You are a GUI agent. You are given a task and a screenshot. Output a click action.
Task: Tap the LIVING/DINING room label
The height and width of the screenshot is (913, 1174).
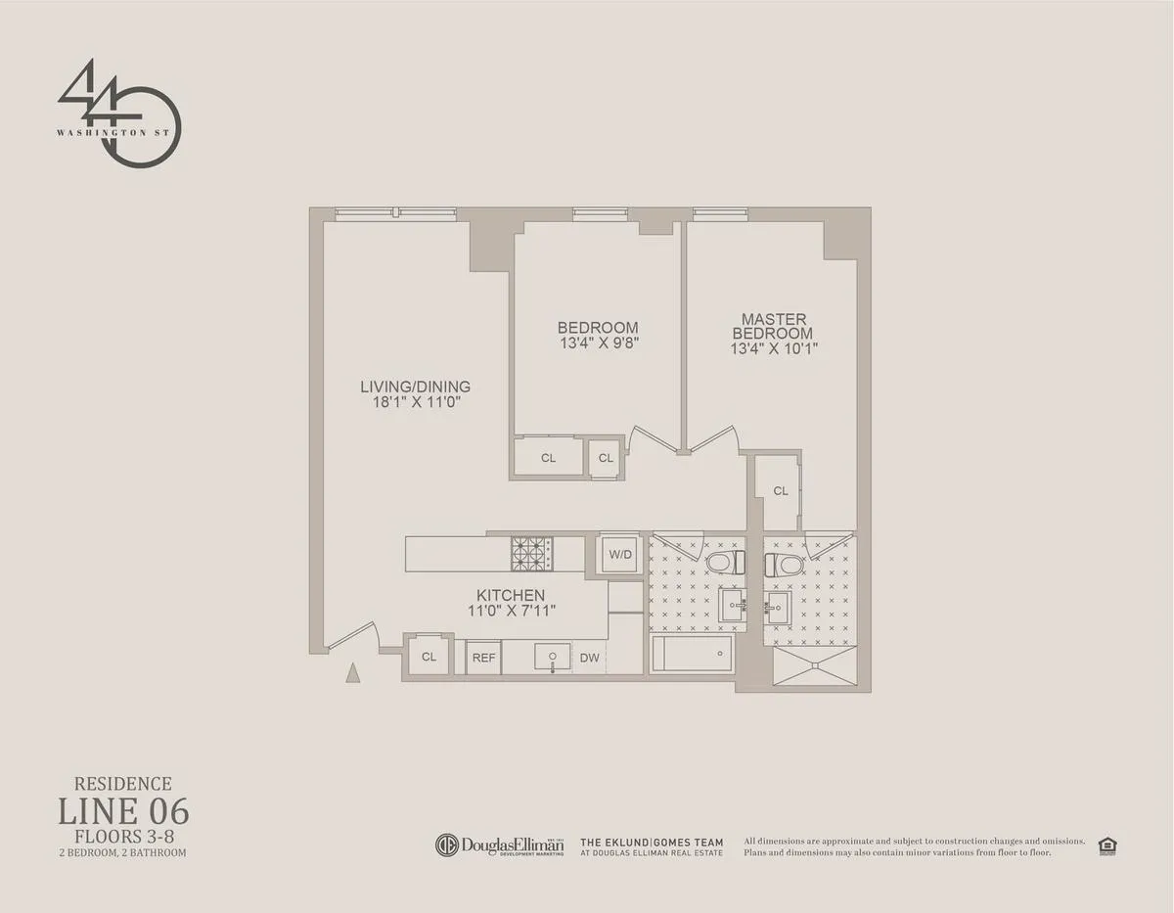415,386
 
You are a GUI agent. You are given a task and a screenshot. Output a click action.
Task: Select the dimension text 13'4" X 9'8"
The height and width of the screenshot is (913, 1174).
598,343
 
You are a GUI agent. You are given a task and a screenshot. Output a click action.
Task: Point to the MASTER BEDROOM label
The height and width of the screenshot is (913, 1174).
773,326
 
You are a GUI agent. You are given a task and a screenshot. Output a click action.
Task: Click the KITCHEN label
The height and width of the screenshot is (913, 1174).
510,595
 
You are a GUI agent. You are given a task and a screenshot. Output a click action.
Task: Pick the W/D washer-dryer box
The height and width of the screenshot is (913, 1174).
619,554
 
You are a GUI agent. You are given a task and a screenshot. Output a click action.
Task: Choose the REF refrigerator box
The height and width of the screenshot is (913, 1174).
483,658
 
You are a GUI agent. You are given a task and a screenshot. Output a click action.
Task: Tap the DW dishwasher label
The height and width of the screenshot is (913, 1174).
589,658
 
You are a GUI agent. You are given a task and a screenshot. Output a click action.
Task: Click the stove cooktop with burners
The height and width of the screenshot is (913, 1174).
531,554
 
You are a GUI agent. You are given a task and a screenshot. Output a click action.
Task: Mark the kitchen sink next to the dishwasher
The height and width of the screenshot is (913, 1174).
553,657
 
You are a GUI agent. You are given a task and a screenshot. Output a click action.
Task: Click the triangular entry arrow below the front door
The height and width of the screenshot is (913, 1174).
353,671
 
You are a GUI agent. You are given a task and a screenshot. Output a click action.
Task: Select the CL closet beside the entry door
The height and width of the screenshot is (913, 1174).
429,657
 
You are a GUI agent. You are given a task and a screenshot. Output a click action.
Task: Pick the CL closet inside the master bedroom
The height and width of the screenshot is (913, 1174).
779,491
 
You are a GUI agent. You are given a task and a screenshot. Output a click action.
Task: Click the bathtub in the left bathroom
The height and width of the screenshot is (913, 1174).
692,653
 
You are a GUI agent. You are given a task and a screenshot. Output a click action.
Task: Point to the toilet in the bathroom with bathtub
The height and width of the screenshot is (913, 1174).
722,564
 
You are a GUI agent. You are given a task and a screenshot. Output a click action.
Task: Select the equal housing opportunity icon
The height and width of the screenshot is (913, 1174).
1107,845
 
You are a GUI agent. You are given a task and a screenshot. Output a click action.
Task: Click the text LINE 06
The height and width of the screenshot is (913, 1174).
123,811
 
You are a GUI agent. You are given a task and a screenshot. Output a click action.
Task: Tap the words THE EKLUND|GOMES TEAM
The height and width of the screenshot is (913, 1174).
652,842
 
